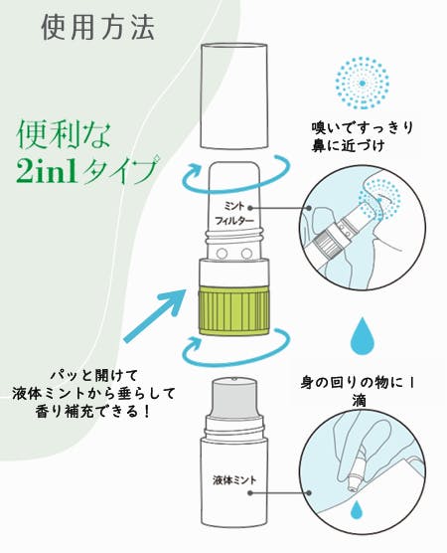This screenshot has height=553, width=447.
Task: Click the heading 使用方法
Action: pos(98,27)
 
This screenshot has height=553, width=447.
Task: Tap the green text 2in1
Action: pos(47,171)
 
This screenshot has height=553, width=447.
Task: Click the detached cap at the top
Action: pos(232,95)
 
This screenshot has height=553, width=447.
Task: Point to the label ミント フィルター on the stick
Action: pos(234,214)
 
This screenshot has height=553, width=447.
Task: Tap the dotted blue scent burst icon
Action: pos(363,83)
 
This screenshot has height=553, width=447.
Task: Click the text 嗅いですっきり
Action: pos(362,127)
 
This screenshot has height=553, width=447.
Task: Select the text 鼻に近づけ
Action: pos(348,145)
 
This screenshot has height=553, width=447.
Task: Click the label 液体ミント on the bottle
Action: pos(234,479)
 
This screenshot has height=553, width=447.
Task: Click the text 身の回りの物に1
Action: pos(358,382)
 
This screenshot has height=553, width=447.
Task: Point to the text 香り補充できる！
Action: pos(93,411)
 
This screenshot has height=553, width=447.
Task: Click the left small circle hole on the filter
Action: pos(222,253)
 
